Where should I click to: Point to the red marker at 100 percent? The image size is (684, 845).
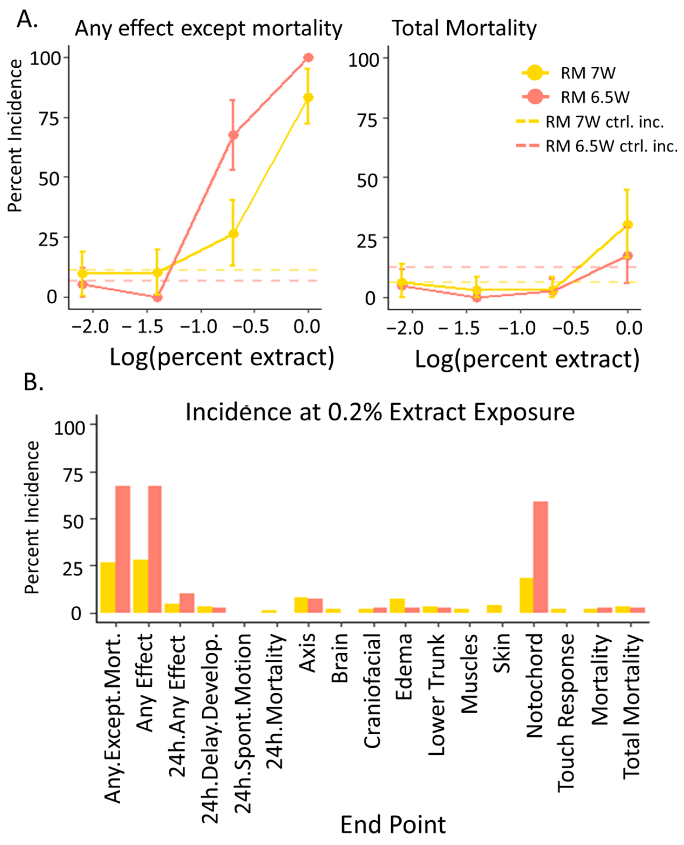308,57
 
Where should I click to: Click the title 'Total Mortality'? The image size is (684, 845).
464,28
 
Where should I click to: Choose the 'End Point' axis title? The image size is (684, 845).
393,824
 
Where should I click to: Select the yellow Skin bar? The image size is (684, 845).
494,609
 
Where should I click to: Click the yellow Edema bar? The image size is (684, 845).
397,605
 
